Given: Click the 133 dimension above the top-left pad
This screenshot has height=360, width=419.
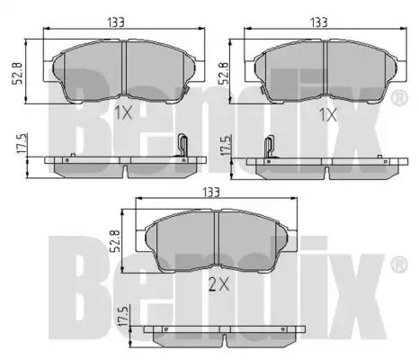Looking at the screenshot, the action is [116, 22].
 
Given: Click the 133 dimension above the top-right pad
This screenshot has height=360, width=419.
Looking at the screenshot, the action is [318, 22].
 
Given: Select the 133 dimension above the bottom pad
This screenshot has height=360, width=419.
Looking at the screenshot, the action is [210, 192].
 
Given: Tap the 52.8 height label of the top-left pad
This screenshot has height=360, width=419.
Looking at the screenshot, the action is [18, 73].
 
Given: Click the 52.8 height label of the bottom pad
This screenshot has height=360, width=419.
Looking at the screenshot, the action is [115, 241].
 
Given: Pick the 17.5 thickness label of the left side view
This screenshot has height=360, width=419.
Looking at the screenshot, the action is [22, 144].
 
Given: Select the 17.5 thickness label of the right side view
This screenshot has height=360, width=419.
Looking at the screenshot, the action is [227, 145].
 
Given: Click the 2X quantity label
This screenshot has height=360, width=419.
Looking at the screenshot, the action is [218, 284].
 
